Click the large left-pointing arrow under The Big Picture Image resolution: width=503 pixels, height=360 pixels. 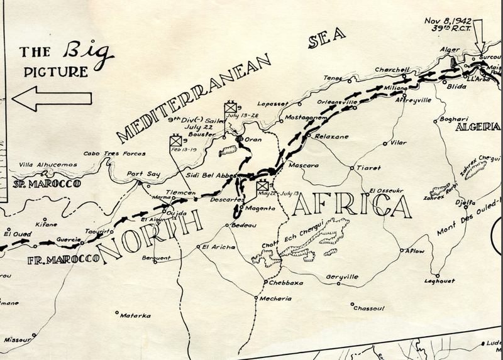pyautogui.click(x=52, y=97)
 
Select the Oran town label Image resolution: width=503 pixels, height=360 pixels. pyautogui.click(x=252, y=139)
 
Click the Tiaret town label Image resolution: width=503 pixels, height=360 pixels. pyautogui.click(x=368, y=168)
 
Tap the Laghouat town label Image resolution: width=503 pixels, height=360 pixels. pyautogui.click(x=439, y=280)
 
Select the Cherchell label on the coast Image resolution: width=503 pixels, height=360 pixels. pyautogui.click(x=392, y=70)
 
